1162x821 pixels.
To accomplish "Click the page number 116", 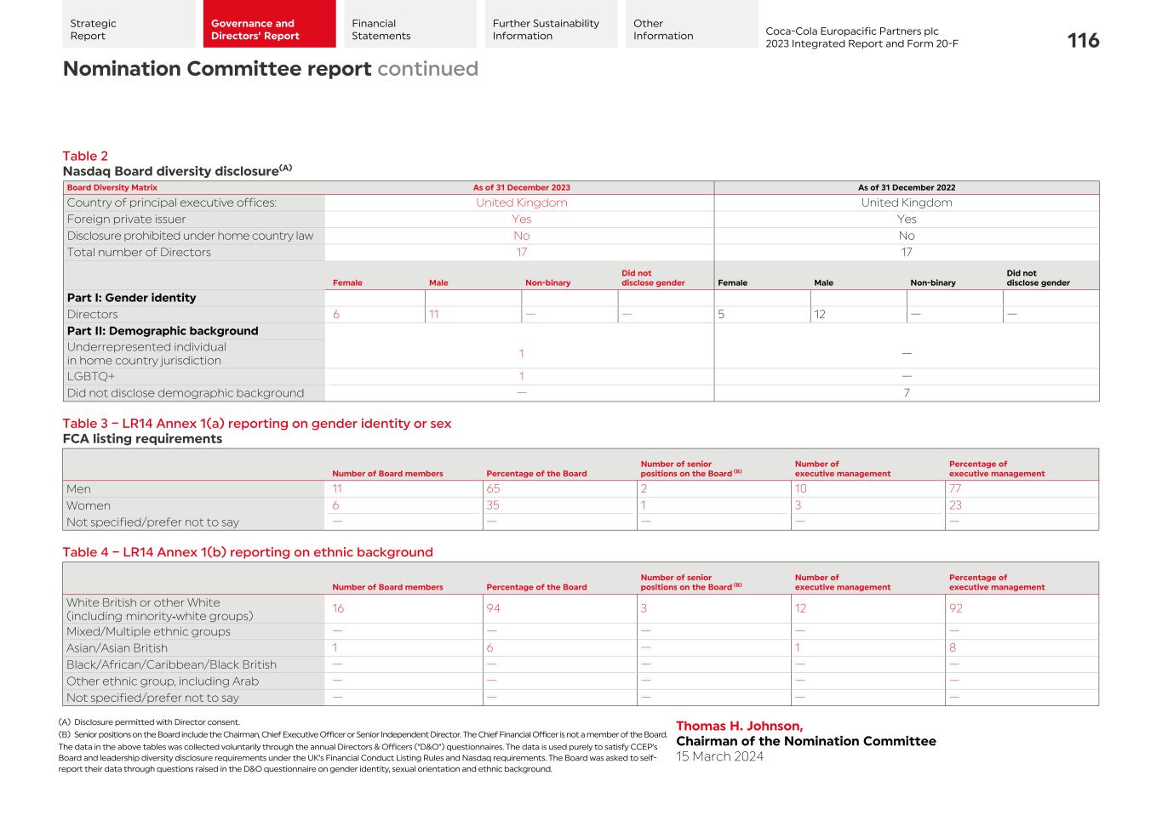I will (x=1083, y=40).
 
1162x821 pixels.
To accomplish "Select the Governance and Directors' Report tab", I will (x=269, y=30).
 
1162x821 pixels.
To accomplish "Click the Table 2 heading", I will (x=85, y=156).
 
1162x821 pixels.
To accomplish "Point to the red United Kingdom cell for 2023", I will (x=521, y=202).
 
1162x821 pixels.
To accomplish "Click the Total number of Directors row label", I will (x=139, y=252).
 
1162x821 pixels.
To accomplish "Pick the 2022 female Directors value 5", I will (x=721, y=314).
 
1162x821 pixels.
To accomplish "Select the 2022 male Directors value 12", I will (x=820, y=314).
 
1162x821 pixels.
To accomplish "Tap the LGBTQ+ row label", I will (x=91, y=376).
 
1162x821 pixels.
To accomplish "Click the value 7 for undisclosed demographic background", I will (x=907, y=393).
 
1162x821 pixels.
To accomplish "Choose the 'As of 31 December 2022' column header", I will (x=906, y=188).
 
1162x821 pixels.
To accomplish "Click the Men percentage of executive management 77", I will (x=956, y=489).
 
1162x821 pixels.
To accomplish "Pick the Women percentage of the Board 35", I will (x=493, y=505).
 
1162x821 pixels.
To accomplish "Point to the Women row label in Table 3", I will (x=89, y=505).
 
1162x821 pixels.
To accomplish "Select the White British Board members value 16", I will (x=338, y=608).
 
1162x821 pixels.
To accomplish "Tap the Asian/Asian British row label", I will (x=117, y=648).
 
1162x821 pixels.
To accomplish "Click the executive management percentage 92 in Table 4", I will (x=956, y=608).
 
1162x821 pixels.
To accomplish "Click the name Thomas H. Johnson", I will (x=739, y=726).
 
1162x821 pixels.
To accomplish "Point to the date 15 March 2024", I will (x=719, y=756).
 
